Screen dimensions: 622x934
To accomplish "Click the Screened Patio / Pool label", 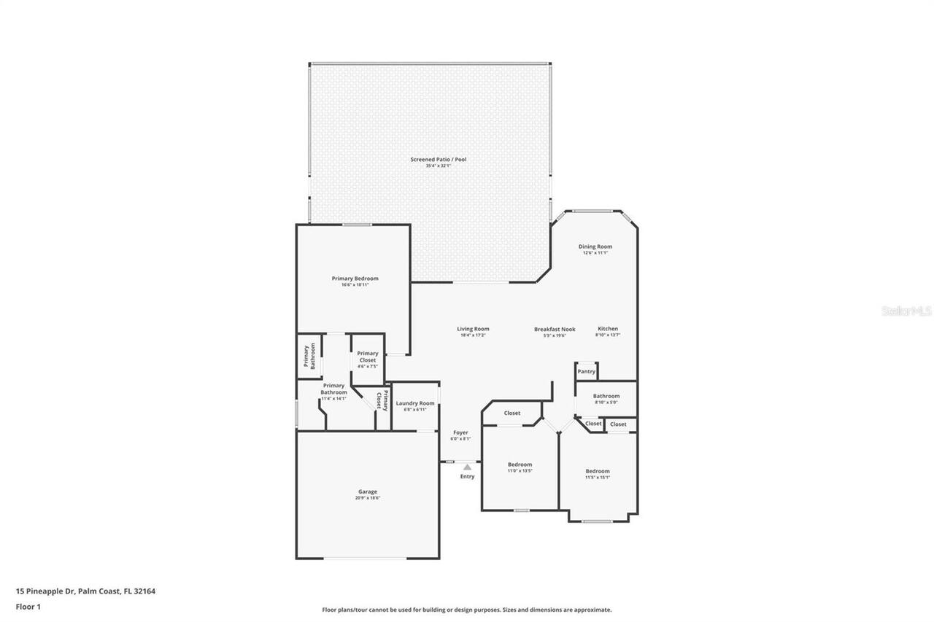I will [438, 160].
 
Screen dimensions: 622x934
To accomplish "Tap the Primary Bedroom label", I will [355, 279].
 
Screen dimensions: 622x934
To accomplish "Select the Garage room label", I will [367, 492].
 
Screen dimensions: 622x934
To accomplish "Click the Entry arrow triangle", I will [467, 467].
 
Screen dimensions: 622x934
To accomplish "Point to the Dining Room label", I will [595, 247].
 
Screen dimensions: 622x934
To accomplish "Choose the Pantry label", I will [587, 371].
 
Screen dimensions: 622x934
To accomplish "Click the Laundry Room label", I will [414, 403].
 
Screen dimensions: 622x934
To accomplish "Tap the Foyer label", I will [460, 433].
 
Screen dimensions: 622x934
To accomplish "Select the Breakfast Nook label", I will [554, 330].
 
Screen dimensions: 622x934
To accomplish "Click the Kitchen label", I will [608, 329].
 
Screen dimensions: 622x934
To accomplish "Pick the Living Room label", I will [473, 330].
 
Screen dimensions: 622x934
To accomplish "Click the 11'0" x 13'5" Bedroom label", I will [520, 464].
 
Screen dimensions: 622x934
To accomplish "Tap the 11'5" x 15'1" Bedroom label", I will [597, 471].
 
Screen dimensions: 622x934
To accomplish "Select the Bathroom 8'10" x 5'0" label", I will [606, 397].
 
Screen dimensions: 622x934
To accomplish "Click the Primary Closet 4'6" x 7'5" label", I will [368, 357].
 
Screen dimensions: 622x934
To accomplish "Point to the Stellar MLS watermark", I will [906, 311].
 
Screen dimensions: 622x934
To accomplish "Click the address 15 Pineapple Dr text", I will [85, 591].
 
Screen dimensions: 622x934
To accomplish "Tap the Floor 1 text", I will [28, 606].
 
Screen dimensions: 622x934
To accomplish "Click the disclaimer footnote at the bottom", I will [467, 610].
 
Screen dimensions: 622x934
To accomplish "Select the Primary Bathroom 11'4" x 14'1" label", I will [333, 389].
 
